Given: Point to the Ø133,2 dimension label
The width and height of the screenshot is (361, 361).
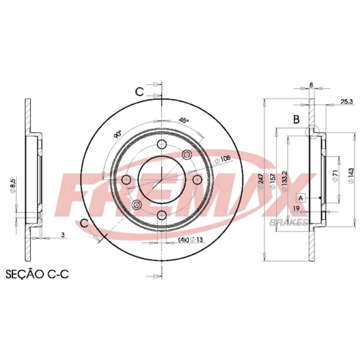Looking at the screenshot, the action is [285, 181].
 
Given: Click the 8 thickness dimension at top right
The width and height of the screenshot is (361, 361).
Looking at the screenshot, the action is [311, 85].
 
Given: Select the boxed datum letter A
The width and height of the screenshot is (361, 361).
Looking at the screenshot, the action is [301, 198].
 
